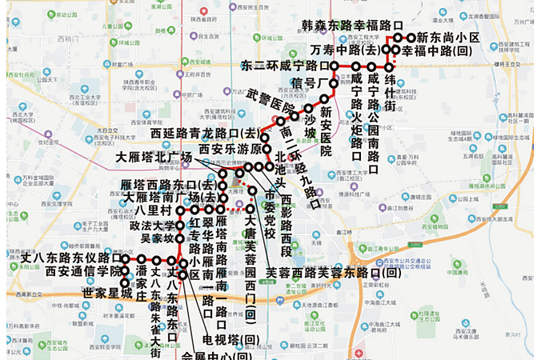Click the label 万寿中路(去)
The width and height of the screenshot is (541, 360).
pos(346,50)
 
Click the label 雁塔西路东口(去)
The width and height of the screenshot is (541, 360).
pos(167,185)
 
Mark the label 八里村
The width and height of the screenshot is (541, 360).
pos(154,210)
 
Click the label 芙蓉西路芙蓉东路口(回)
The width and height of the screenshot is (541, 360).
pos(333,272)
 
